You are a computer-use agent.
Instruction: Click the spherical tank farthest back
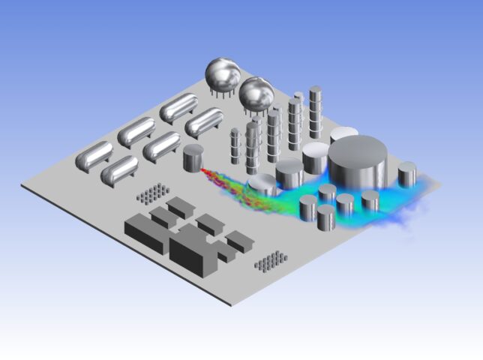(223, 73)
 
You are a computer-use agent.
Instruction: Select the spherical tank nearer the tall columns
(256, 94)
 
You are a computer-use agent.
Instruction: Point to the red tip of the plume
(204, 172)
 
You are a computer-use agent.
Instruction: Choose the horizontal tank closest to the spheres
(204, 121)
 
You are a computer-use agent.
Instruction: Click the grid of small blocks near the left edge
(151, 194)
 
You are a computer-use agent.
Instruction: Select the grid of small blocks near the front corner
(270, 260)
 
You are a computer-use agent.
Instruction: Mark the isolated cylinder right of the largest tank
(407, 175)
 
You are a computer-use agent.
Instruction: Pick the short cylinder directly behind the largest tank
(344, 137)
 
